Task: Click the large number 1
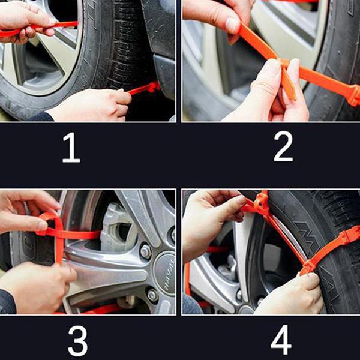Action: click(71, 148)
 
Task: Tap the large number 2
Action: click(283, 148)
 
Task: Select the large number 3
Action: click(77, 341)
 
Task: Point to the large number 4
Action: click(281, 341)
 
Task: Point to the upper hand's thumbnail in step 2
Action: click(232, 25)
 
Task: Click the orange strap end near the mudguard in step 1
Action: click(147, 88)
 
